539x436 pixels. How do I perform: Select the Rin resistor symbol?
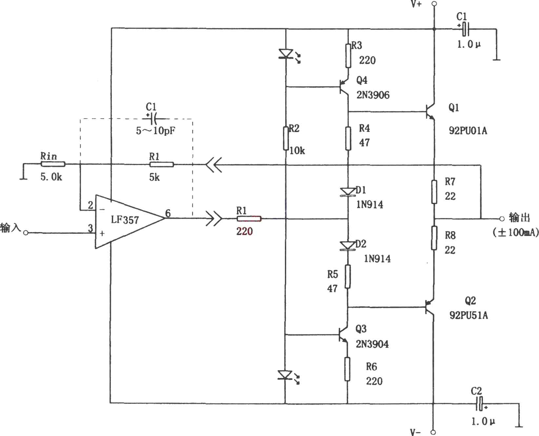click(53, 164)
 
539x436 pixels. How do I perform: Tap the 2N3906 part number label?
click(373, 95)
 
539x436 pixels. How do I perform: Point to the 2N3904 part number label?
click(372, 344)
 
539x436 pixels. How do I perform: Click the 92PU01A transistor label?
click(468, 131)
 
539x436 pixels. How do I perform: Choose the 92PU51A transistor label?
click(469, 315)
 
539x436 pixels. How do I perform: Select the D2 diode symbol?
click(348, 246)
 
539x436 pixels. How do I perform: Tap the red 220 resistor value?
click(245, 231)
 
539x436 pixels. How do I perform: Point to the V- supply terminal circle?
click(433, 432)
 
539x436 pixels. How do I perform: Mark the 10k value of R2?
click(297, 150)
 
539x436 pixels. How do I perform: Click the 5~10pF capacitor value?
click(156, 131)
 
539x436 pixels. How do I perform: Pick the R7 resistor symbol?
click(434, 191)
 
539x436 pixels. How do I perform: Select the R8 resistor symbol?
click(434, 238)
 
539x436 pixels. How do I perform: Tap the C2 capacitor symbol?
click(480, 404)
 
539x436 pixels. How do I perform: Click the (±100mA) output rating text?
click(515, 232)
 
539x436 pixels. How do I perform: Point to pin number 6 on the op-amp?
click(168, 213)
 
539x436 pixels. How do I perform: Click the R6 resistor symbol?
click(348, 369)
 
